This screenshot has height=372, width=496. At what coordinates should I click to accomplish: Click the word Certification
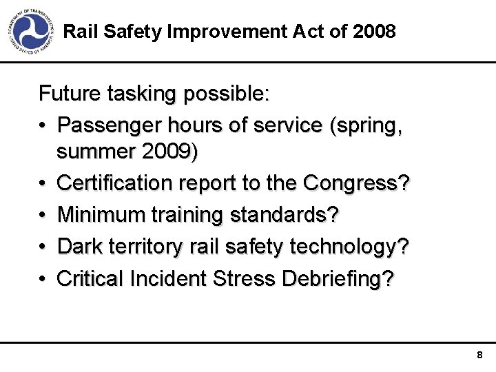(114, 183)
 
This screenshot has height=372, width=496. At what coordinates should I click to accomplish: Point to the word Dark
(79, 246)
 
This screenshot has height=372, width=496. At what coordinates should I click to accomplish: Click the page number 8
(479, 355)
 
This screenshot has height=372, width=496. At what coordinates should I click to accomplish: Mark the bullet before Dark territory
(43, 247)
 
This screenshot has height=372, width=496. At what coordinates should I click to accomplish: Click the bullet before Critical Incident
(43, 278)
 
